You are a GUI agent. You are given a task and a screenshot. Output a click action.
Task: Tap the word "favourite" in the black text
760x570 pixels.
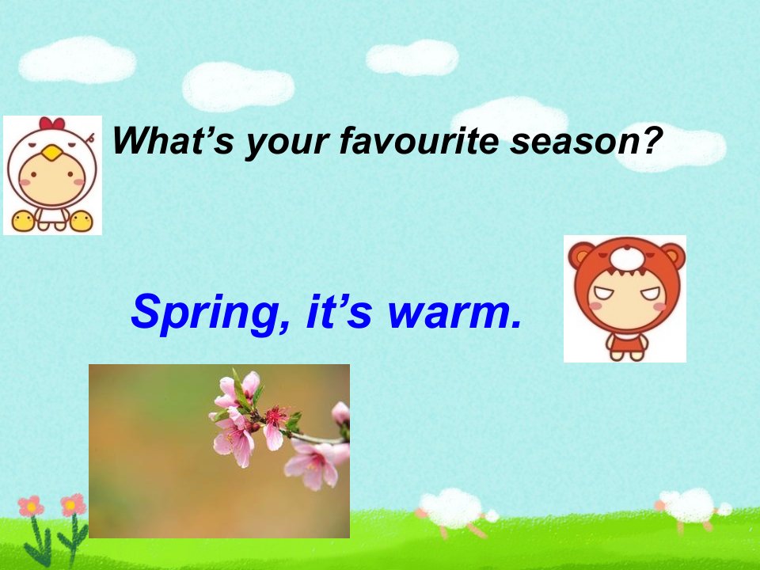tap(419, 140)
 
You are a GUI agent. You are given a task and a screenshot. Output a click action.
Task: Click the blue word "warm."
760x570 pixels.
tap(455, 312)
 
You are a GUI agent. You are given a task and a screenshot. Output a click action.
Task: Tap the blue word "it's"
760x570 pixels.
tap(340, 310)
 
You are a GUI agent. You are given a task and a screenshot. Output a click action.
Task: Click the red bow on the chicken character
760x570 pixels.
tap(52, 123)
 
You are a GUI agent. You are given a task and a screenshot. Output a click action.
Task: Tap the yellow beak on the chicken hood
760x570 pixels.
tap(52, 154)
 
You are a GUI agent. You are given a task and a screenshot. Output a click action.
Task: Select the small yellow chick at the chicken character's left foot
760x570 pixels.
tap(23, 221)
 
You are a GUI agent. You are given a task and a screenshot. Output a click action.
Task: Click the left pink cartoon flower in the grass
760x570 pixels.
tap(31, 507)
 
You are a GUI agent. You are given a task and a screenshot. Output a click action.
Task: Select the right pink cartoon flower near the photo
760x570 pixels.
tap(73, 505)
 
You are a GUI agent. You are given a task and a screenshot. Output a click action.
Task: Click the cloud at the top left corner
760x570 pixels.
tap(78, 59)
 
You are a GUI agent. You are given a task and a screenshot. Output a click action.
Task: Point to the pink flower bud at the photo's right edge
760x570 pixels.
tap(340, 413)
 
